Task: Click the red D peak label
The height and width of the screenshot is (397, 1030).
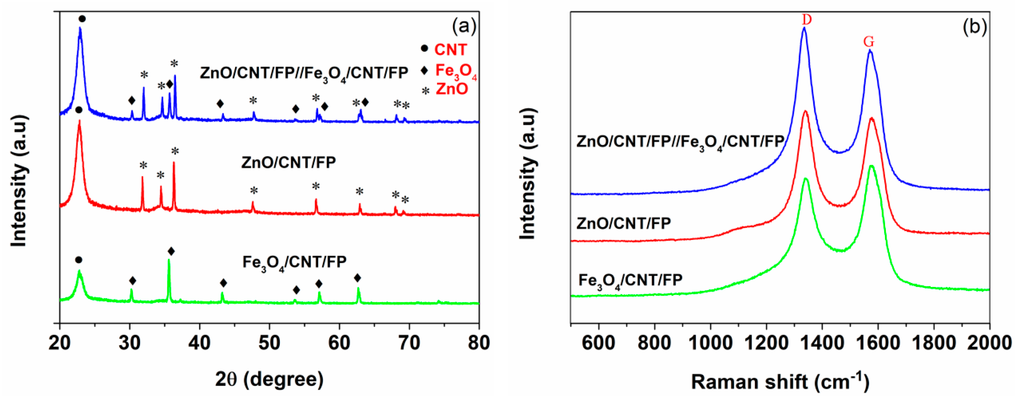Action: [807, 19]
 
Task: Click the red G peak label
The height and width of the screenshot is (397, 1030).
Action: [868, 42]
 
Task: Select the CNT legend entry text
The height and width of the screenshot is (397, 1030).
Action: [451, 50]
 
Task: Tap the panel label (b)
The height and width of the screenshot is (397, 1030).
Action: [975, 27]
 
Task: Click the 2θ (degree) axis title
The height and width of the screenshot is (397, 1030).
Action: [269, 379]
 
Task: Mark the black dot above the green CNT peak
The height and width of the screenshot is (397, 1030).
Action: [79, 260]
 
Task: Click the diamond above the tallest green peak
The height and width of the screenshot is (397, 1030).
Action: [171, 251]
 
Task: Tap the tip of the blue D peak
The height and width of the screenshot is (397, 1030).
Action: [804, 28]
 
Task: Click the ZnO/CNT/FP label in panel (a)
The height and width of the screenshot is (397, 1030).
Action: [288, 162]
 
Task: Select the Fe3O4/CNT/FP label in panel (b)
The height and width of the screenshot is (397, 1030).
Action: [630, 281]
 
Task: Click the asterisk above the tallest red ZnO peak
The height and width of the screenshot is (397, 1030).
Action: [175, 151]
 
